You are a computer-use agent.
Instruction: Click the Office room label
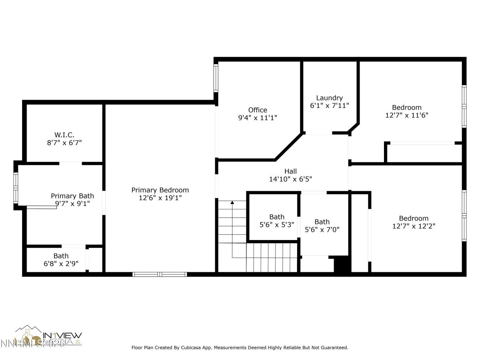click(x=258, y=110)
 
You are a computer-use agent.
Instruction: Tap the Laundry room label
click(x=329, y=98)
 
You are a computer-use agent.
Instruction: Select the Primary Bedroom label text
click(x=160, y=190)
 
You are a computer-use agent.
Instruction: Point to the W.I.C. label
click(x=64, y=135)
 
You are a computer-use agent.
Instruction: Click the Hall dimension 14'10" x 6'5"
click(x=290, y=179)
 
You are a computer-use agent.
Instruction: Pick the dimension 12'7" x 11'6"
click(x=406, y=115)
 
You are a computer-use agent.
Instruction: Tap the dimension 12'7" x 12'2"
click(x=414, y=226)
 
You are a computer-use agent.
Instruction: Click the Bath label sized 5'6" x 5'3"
click(x=277, y=217)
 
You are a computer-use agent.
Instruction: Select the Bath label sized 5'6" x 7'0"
click(x=322, y=222)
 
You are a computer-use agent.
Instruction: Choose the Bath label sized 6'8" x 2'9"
click(x=61, y=256)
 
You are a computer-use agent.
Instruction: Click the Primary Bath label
click(x=72, y=196)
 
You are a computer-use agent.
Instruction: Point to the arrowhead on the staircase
click(x=232, y=203)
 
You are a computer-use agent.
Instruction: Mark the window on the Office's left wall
click(x=216, y=78)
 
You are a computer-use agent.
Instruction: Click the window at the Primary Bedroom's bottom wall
click(x=160, y=274)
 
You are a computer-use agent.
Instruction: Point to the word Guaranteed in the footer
click(x=334, y=348)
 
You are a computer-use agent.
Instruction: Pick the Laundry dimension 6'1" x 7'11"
click(x=329, y=106)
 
